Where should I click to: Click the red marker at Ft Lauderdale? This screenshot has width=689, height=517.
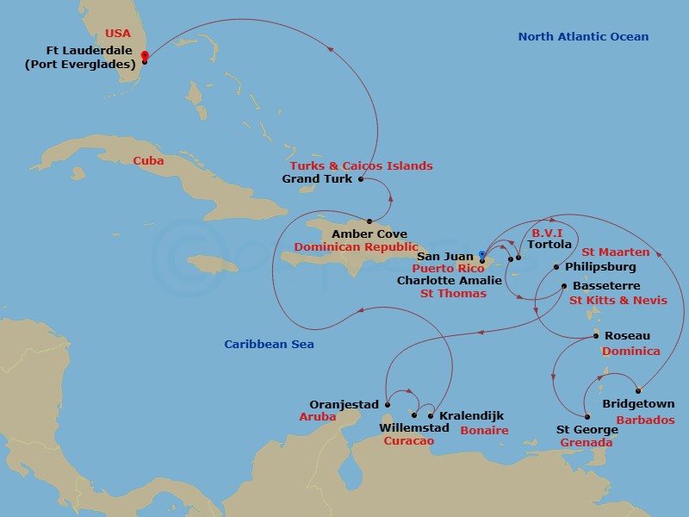pos(144,57)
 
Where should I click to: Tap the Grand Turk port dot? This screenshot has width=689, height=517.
pos(360,179)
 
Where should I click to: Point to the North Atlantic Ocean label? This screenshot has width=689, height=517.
pos(583,37)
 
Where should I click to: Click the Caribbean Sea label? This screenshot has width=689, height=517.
pos(269,345)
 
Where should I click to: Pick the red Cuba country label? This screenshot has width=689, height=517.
pos(148,160)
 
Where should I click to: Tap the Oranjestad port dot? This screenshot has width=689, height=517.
pos(388,404)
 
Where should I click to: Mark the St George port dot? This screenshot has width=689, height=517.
pos(587,416)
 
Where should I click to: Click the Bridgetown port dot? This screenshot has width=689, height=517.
pos(638,390)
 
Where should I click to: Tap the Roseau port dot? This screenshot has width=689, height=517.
pos(597,336)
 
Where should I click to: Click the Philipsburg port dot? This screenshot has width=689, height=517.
pos(556,267)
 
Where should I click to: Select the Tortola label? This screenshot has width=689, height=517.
pos(549,245)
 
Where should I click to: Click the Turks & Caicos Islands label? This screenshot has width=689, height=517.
pos(361,165)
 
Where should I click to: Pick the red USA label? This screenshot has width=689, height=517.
pos(118,34)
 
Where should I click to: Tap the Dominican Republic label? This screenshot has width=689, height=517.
pos(349,246)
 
